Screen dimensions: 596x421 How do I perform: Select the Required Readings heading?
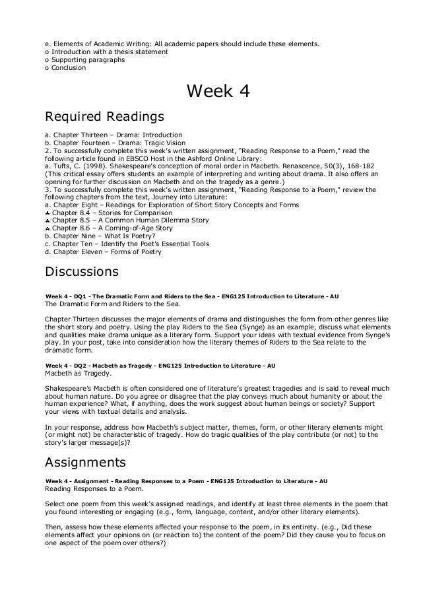pos(104,117)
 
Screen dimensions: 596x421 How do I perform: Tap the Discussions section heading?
pos(81,271)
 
